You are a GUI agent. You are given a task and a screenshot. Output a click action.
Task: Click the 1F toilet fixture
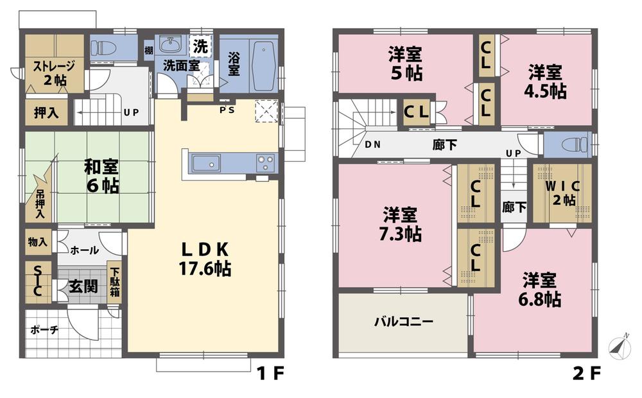coord(103,47)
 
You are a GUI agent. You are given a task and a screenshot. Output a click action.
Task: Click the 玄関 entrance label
coord(84,285)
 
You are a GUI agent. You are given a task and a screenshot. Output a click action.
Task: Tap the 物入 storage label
coord(37,242)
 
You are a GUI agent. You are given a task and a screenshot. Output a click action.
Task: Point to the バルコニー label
coord(404,322)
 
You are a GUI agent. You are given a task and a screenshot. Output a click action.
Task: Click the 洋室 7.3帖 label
coord(402,224)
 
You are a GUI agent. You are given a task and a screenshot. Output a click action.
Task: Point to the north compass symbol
coord(620,346)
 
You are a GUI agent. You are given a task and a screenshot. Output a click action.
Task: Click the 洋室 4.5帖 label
coord(545,82)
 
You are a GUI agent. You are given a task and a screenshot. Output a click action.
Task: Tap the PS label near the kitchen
coord(227,109)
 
